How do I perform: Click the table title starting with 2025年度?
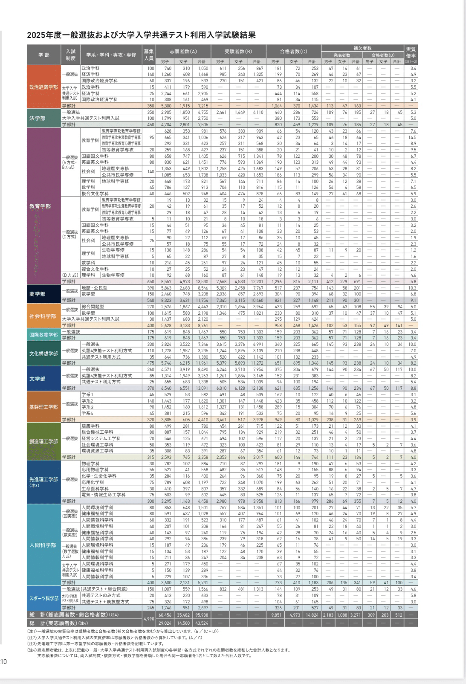point(141,35)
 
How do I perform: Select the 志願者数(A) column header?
point(183,52)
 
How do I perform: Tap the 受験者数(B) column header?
point(238,52)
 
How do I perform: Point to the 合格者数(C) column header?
point(293,52)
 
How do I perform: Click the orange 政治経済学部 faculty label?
point(43,87)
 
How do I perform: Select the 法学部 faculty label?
point(37,118)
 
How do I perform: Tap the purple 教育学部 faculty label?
point(40,206)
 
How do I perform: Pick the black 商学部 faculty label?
point(37,294)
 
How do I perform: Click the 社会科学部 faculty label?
point(43,316)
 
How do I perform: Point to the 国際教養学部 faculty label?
point(43,335)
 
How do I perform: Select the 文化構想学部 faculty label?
point(43,354)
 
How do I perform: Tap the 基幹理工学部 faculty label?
point(43,407)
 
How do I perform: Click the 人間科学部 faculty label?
point(43,545)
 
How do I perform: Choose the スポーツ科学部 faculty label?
point(43,598)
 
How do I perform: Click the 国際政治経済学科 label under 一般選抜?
point(99,81)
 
